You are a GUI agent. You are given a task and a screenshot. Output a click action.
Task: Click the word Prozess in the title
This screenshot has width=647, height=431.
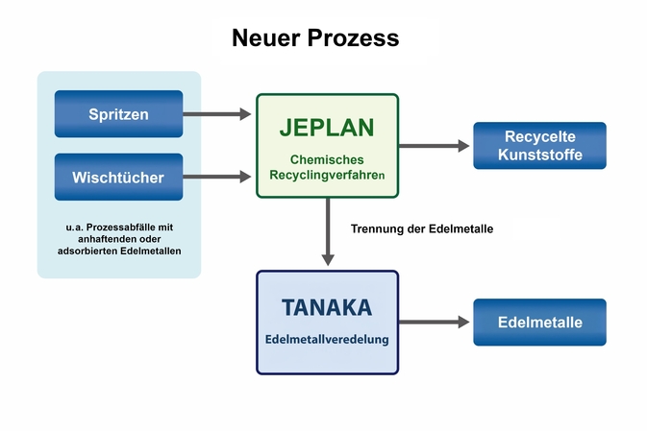click(357, 38)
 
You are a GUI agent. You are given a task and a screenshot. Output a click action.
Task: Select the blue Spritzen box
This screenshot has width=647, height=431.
click(118, 114)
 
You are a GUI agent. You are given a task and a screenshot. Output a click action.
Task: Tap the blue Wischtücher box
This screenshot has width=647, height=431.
click(118, 177)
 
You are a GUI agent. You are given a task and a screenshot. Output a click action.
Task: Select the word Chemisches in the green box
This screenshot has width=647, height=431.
click(327, 157)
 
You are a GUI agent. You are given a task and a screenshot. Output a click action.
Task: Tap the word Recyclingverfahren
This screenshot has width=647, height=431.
click(327, 176)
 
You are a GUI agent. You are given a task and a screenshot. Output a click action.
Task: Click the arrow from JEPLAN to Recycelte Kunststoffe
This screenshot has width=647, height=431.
click(435, 146)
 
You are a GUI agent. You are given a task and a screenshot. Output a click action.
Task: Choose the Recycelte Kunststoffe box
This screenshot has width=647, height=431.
click(539, 146)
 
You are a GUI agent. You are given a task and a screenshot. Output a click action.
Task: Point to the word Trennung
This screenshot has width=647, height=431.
click(379, 228)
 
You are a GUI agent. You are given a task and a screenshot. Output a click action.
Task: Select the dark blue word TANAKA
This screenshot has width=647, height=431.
click(327, 307)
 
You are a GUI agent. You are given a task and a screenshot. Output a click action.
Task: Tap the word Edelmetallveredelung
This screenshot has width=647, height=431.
click(327, 340)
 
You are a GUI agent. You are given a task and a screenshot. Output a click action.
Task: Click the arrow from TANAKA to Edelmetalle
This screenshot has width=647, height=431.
click(435, 323)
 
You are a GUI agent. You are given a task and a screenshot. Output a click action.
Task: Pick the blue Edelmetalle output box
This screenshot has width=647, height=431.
click(539, 323)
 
